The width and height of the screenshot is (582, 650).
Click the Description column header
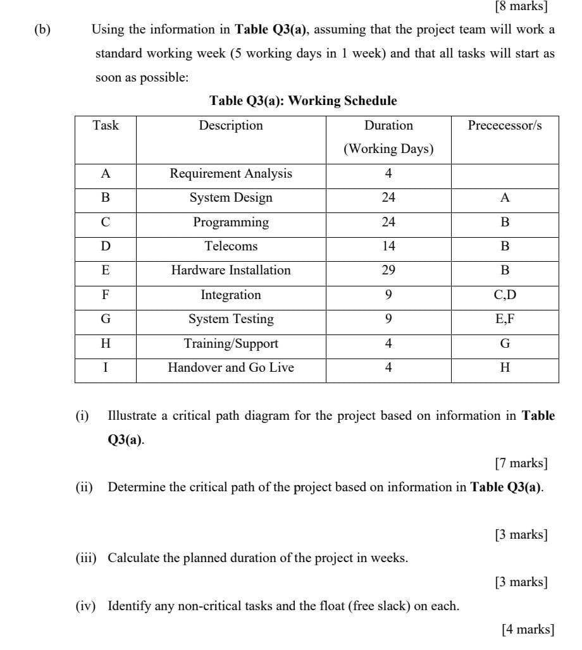tap(231, 125)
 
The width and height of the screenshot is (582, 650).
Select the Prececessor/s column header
tap(505, 125)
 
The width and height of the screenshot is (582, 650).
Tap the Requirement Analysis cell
tap(231, 173)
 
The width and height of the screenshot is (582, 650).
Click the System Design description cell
tap(231, 197)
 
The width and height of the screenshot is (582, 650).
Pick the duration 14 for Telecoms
tap(388, 246)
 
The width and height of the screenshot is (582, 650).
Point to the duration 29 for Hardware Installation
tap(388, 270)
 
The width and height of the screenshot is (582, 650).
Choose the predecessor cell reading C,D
tap(505, 295)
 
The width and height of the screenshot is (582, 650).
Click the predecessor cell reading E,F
tap(505, 319)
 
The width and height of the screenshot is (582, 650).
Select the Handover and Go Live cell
tap(231, 367)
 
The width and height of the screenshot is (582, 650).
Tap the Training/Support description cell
tap(231, 343)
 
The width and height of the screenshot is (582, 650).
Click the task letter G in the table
tap(106, 319)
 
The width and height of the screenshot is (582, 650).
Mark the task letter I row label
tap(106, 367)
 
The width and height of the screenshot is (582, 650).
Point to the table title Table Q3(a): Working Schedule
tap(303, 101)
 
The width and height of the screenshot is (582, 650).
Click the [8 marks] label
tap(521, 7)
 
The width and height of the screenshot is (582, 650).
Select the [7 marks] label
tap(521, 463)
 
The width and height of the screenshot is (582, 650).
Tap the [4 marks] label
tap(528, 629)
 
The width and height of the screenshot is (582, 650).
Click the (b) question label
tap(43, 29)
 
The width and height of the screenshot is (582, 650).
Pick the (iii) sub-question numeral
tap(85, 558)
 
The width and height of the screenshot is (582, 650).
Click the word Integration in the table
tap(231, 295)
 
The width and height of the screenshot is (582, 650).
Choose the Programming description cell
tap(231, 222)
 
